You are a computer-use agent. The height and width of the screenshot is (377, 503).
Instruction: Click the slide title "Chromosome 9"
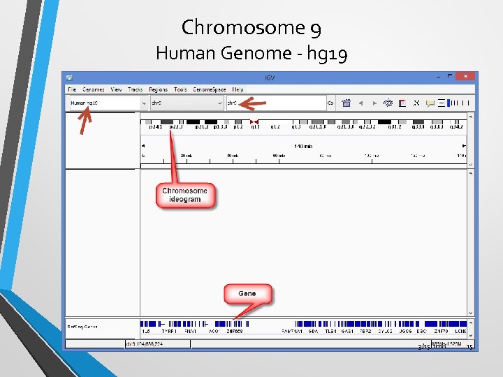tap(251, 27)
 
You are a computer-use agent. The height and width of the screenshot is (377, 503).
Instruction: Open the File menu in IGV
tap(71, 89)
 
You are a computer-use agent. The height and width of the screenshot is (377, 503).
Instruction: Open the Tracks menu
tap(135, 89)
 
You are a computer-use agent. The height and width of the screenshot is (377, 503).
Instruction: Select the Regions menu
tap(158, 89)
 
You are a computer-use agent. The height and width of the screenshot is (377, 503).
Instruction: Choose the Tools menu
tap(180, 89)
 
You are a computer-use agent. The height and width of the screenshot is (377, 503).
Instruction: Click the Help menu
tap(238, 89)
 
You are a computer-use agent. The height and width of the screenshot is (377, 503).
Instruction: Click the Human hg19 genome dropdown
tap(108, 103)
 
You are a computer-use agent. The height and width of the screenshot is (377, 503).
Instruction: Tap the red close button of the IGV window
tap(466, 77)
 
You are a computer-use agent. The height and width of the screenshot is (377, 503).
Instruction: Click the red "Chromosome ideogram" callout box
tap(185, 195)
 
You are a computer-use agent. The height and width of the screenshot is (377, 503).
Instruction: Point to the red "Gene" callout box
tap(247, 293)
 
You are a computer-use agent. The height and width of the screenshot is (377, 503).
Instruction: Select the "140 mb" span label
tap(303, 145)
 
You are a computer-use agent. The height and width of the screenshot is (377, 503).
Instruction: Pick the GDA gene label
tap(314, 331)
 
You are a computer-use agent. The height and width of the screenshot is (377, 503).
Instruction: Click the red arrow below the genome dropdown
tap(85, 122)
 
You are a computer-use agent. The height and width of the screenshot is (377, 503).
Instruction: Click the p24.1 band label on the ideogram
tap(154, 127)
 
